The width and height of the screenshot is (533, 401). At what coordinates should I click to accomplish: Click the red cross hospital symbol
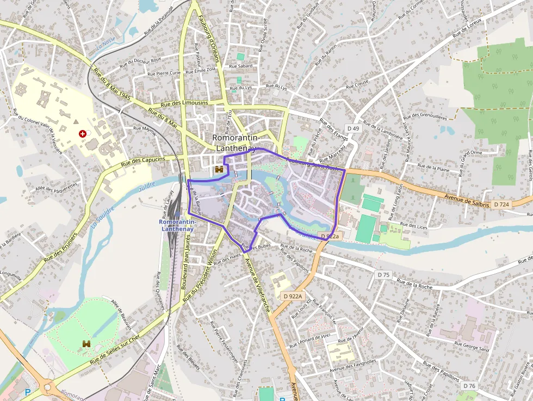(82, 133)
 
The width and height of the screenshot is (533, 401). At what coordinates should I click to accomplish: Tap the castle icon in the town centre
(220, 170)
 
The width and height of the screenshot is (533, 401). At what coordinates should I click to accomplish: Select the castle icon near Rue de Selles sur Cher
(86, 344)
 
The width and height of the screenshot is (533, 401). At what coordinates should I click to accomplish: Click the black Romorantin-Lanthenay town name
(235, 143)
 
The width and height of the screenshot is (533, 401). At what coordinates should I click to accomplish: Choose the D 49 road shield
(353, 128)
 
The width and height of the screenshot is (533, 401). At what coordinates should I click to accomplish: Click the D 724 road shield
(501, 204)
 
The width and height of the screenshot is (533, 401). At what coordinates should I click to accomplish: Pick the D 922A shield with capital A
(293, 296)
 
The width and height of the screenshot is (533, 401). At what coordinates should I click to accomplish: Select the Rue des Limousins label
(185, 103)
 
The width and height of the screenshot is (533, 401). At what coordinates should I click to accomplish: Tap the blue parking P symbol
(28, 392)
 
